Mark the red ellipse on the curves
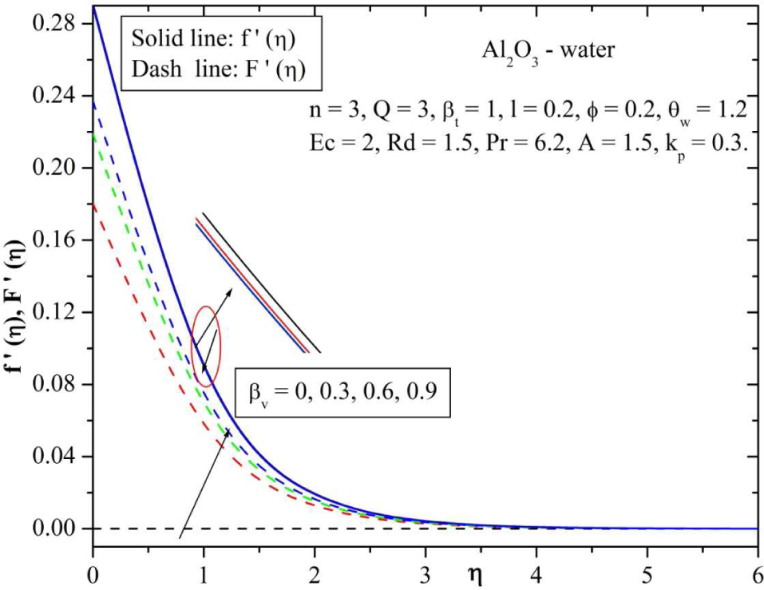tap(206, 346)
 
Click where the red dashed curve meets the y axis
tap(94, 204)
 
